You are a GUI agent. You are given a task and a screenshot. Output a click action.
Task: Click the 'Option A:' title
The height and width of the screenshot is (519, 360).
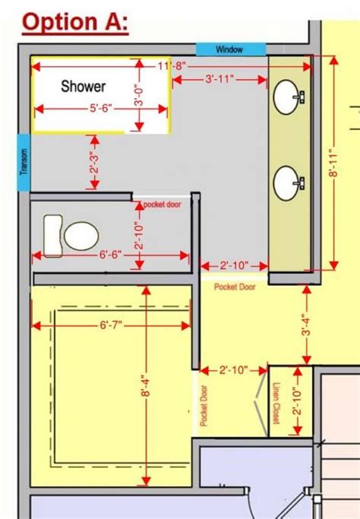coord(75,23)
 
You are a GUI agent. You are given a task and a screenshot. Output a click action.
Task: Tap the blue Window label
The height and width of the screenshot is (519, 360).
coord(231,49)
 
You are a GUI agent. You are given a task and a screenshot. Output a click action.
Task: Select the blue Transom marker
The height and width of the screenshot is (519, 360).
coord(24,162)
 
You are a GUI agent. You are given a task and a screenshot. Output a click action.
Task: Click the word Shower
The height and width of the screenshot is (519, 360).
coord(84,87)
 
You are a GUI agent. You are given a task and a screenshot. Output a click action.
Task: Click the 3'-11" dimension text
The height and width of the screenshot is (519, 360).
coord(219,79)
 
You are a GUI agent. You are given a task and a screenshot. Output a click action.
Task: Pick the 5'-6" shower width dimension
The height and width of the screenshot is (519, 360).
coord(101,108)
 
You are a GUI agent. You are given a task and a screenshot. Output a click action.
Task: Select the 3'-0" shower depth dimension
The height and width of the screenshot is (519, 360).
coord(139,97)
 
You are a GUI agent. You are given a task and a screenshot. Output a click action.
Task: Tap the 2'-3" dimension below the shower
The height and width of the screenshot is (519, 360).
coord(95,162)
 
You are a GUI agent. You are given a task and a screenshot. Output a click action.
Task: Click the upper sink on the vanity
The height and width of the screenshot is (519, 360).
coord(286,97)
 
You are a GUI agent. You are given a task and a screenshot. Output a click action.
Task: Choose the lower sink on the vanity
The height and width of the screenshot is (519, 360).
coord(286,183)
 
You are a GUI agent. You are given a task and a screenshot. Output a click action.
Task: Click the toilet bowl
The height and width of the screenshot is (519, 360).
coord(81,236)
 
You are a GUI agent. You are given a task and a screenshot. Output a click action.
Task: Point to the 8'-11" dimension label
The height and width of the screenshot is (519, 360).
coord(333,165)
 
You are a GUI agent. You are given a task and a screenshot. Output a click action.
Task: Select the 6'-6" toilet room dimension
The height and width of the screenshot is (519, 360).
coord(111,255)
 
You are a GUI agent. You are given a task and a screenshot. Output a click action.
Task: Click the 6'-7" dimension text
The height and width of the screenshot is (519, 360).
coord(111,325)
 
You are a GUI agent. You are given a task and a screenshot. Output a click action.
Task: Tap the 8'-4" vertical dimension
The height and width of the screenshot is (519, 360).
coord(146,385)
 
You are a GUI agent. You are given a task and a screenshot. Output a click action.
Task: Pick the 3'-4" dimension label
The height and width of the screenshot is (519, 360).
coord(307,326)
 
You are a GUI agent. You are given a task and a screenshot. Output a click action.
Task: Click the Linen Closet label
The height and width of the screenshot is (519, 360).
coord(276,403)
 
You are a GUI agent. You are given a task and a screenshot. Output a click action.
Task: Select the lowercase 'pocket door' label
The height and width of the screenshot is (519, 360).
coord(162,204)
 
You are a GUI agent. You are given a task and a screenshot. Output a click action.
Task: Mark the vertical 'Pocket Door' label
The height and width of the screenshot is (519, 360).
coord(204,406)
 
